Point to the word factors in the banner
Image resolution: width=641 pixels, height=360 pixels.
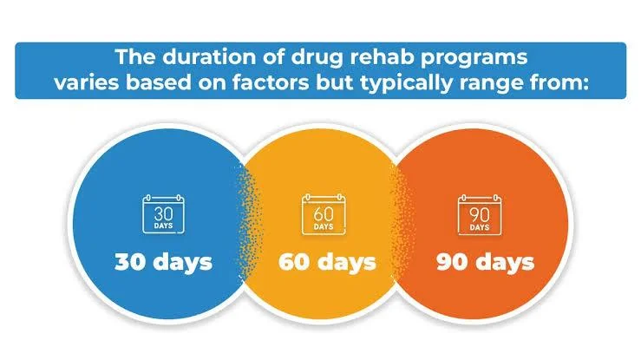point(271,82)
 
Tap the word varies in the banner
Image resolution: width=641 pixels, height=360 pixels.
point(86,83)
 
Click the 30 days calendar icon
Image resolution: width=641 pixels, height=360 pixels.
point(164,214)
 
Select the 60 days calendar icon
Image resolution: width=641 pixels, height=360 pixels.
point(324,214)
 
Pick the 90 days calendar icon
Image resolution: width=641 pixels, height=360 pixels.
point(480,215)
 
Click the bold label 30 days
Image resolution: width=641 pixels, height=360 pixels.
point(164,262)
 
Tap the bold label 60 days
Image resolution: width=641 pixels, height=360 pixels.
point(327,262)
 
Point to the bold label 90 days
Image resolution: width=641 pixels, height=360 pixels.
point(485,262)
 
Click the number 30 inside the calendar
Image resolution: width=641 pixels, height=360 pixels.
point(164,213)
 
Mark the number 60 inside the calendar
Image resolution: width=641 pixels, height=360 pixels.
point(324,214)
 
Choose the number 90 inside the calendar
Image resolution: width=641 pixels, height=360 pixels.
point(480,214)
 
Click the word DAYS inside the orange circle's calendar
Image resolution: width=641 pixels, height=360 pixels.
point(480,227)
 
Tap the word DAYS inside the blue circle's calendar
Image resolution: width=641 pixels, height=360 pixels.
point(164,226)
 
